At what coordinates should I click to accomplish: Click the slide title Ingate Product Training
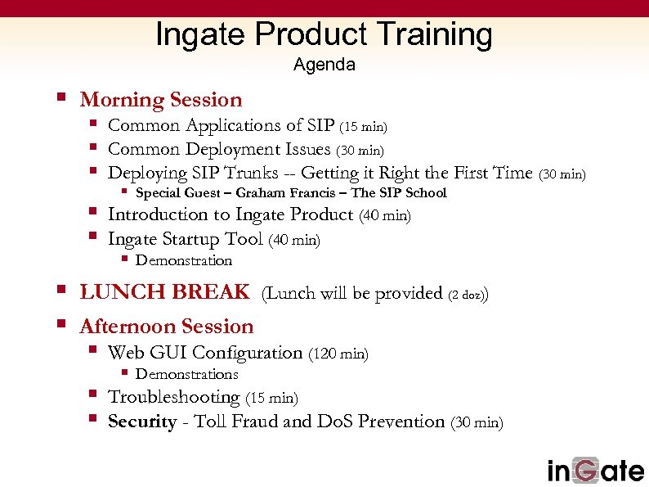324,34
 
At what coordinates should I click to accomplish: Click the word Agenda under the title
324,65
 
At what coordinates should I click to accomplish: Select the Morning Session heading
161,100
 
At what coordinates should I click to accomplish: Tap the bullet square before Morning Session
60,97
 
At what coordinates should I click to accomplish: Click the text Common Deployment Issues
219,149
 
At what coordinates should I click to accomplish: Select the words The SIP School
399,193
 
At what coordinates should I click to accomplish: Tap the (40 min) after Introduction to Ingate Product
384,216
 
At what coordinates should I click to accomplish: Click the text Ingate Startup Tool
186,239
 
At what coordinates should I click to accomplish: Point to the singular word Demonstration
184,260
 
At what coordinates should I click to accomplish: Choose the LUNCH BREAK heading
164,292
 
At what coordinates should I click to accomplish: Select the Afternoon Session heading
167,327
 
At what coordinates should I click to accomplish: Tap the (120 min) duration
338,354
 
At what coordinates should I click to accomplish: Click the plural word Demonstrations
186,374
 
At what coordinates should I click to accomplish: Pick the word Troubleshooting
174,397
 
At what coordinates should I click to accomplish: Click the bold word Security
142,422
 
